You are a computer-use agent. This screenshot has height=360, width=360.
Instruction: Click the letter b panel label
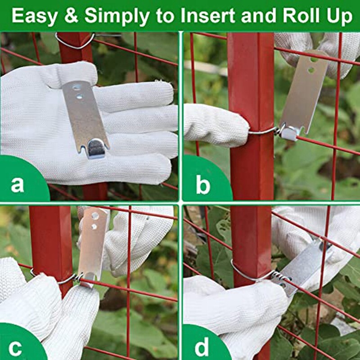click(202, 184)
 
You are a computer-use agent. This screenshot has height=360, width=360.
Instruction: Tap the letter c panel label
click(15, 348)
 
